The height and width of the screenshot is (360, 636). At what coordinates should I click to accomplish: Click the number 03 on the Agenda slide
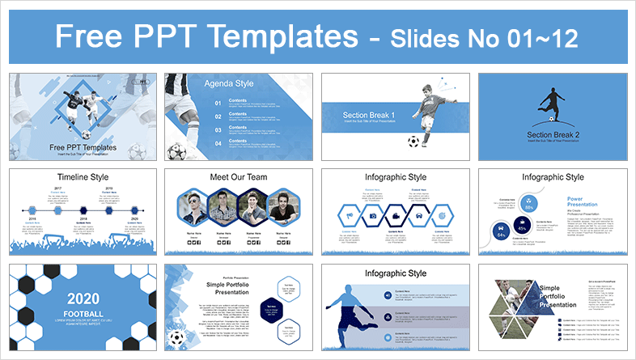[218, 130]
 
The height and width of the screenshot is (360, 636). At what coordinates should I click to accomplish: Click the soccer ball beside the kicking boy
[413, 142]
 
